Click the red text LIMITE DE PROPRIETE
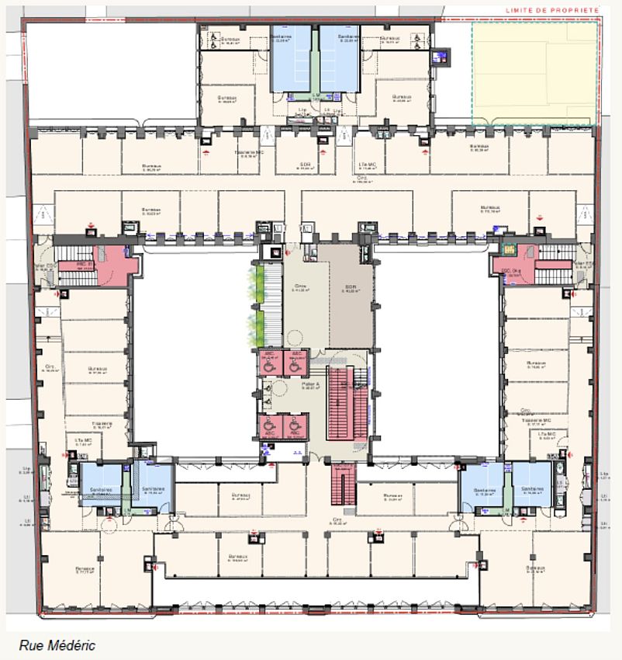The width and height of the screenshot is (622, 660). pos(551,10)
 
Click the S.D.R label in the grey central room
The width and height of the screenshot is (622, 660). pos(351,287)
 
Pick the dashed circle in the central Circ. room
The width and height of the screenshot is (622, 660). pos(295,337)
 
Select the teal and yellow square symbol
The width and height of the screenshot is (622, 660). pos(510,249)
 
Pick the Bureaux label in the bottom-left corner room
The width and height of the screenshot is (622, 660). pos(85,568)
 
